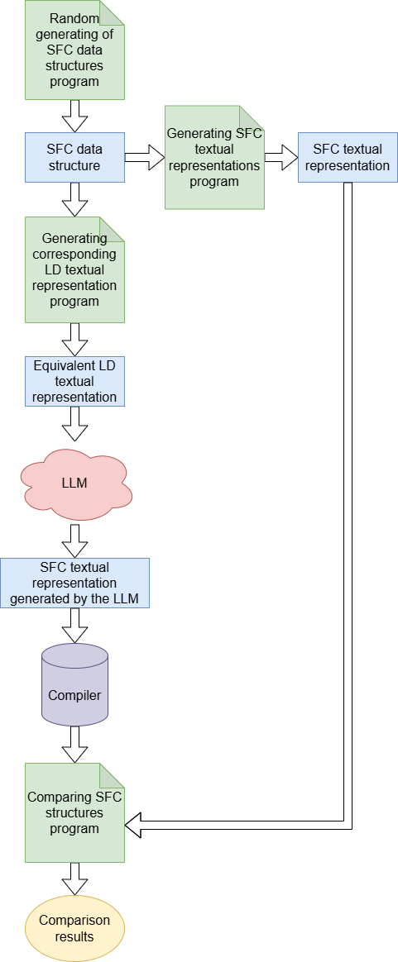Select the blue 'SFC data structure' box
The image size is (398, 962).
[74, 157]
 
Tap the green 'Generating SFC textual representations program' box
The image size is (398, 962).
[214, 157]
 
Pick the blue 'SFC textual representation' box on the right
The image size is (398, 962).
[348, 157]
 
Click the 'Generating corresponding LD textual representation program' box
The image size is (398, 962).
[74, 269]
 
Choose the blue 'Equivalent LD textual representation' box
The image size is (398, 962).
[74, 381]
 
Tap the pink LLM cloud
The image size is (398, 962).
[75, 483]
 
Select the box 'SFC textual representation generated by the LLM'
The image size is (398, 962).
[74, 583]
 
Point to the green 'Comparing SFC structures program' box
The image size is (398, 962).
[74, 812]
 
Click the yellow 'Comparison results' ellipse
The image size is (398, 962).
[74, 928]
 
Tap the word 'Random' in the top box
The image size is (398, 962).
[74, 19]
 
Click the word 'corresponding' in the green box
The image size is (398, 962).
[74, 254]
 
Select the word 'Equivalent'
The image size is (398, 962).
[74, 365]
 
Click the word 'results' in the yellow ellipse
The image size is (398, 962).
[74, 936]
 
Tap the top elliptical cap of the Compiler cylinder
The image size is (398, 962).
[74, 656]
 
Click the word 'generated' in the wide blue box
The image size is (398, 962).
[39, 598]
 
